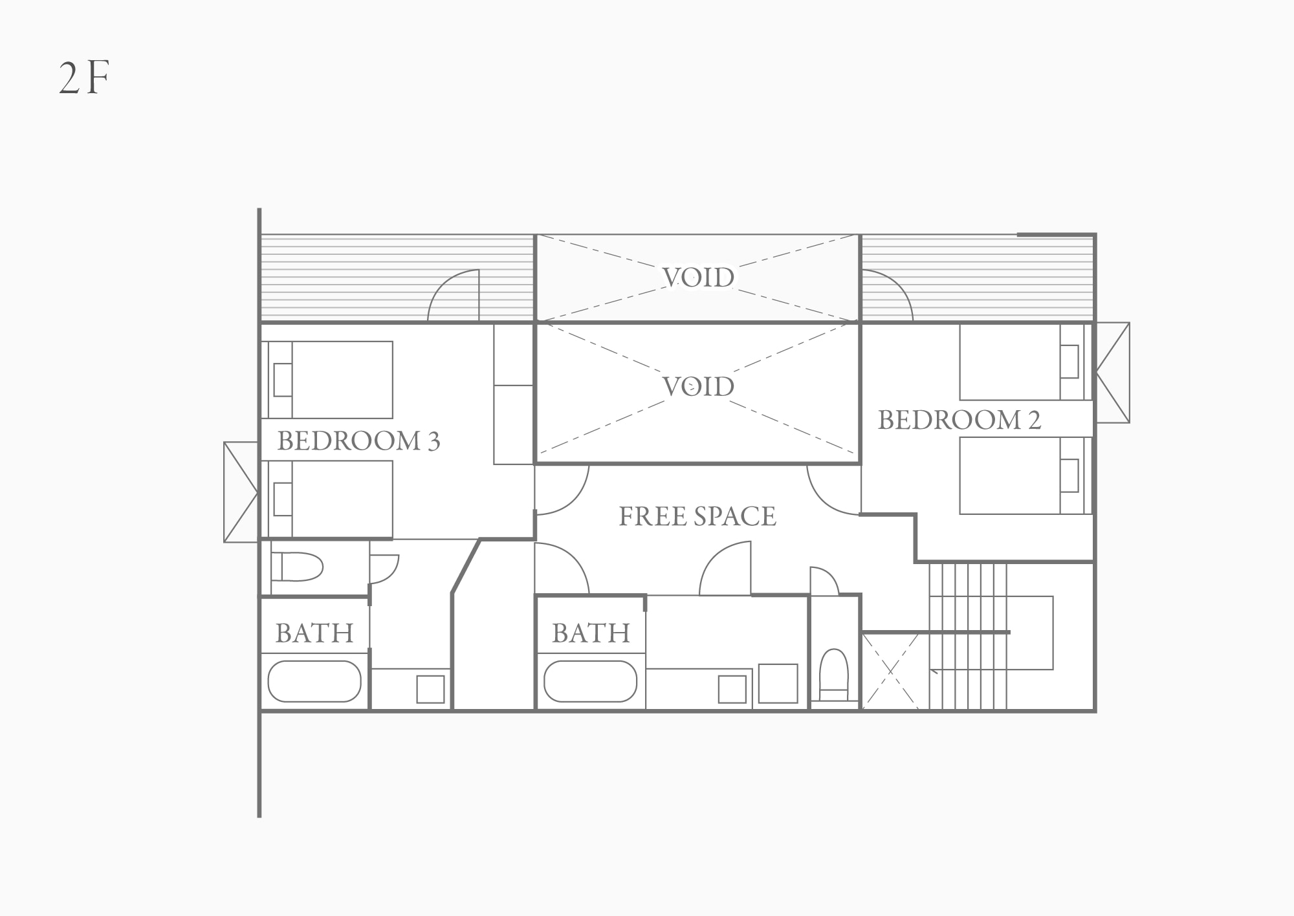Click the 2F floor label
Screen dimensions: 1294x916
[84, 80]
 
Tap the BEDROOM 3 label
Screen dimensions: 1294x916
[358, 441]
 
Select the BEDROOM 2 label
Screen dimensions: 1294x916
[960, 420]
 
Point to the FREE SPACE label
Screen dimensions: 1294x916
[697, 516]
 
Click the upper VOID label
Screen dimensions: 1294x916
[699, 278]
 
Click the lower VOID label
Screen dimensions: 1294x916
[699, 387]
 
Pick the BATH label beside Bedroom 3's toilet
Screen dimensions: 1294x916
[314, 633]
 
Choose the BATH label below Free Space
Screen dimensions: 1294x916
[591, 633]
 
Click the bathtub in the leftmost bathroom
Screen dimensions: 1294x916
[314, 681]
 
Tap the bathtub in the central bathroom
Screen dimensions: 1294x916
[591, 681]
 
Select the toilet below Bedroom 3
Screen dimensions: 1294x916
[297, 567]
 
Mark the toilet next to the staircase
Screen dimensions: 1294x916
[834, 675]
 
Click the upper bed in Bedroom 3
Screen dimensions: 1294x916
[331, 380]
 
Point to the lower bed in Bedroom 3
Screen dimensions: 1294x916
[331, 499]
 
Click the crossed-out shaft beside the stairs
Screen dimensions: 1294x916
[891, 671]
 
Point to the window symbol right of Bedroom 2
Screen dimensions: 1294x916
[1112, 373]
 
